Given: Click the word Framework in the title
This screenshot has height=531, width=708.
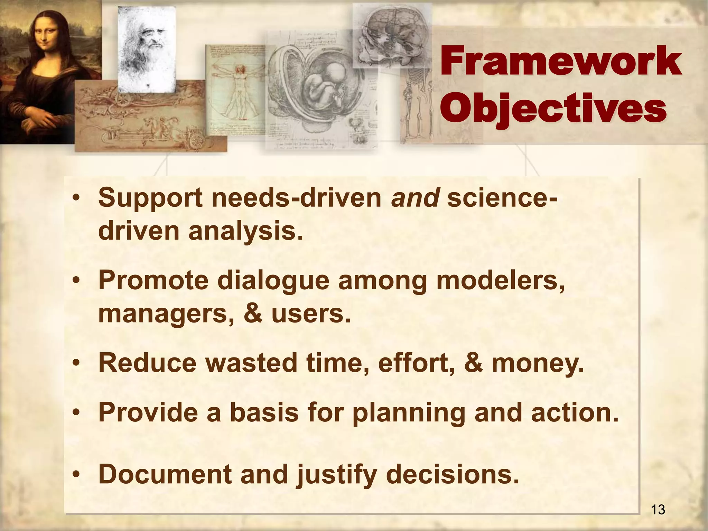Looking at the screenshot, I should pos(561,63).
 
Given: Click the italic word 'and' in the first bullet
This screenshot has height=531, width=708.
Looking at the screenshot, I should pos(415,198).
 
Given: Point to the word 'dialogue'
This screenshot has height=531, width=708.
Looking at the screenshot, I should pos(273,281).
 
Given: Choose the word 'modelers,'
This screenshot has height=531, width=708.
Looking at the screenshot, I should pos(500,281).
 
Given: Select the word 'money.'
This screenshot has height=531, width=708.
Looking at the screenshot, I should pos(538,363).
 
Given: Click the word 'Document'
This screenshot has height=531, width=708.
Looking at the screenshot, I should pos(165,474).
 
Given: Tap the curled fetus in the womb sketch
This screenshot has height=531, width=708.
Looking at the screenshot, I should pos(323,86).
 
